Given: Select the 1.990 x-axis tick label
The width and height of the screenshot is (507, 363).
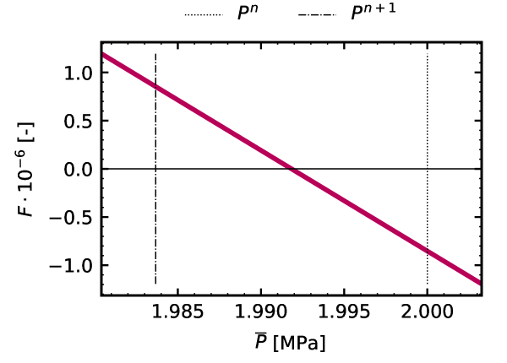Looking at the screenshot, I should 261,313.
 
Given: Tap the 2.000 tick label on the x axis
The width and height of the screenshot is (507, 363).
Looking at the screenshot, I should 427,313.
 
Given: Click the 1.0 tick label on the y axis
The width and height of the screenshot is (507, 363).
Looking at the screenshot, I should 78,73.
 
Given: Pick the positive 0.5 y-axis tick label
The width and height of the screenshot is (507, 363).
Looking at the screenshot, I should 78,121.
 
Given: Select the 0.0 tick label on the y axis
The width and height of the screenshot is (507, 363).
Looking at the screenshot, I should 78,169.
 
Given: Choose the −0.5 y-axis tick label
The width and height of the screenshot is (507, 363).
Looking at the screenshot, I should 71,217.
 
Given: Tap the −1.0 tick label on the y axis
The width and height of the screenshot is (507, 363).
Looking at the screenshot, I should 71,265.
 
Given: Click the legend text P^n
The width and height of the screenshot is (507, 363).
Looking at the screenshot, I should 247,15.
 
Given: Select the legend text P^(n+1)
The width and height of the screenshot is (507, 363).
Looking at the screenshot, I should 373,15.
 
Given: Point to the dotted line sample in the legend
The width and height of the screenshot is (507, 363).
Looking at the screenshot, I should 201,16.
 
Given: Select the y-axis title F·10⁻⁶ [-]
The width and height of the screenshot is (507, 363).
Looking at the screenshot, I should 27,169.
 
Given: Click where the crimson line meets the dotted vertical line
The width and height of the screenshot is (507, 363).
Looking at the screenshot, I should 428,252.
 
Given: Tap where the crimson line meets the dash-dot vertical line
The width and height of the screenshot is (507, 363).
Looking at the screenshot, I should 156,86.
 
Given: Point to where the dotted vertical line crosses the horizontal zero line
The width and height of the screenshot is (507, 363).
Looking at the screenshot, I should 428,169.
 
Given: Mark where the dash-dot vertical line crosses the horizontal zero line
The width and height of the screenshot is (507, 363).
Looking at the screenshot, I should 156,169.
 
